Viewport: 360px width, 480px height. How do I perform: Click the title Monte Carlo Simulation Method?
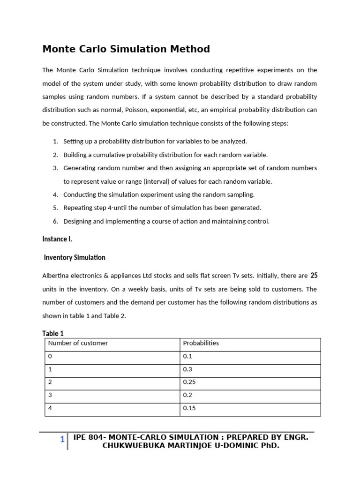(x=126, y=49)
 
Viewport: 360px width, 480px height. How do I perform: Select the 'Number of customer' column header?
(x=78, y=343)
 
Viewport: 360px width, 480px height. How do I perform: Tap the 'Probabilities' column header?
(x=201, y=343)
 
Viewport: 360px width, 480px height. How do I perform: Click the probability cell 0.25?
(x=189, y=382)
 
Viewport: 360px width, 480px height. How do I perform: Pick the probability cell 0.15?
(x=189, y=408)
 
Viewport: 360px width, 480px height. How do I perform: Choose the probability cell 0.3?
(x=187, y=369)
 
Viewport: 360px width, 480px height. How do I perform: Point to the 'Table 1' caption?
(x=53, y=333)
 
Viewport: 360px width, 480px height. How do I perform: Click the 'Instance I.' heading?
(x=57, y=239)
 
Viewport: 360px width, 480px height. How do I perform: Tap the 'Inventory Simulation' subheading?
(x=75, y=257)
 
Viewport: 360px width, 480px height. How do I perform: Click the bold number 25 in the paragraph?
(x=314, y=276)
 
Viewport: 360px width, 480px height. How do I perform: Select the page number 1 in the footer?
(x=62, y=440)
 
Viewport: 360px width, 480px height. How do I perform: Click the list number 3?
(x=55, y=168)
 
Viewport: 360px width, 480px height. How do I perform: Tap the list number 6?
(x=55, y=221)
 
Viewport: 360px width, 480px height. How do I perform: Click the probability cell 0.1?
(x=187, y=356)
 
